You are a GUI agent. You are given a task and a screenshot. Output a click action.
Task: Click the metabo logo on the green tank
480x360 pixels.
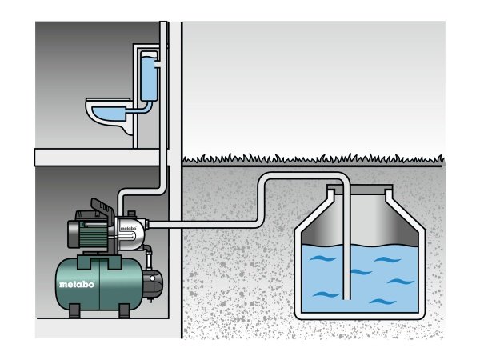[x=77, y=283]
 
